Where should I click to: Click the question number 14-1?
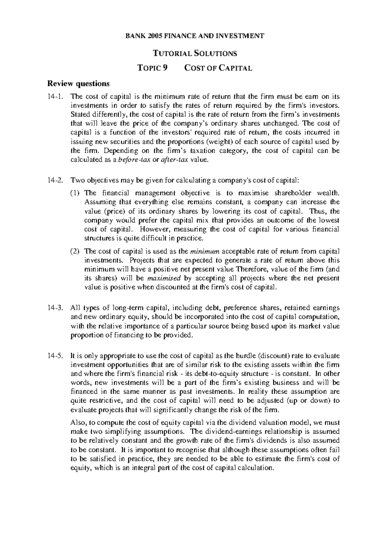pos(54,97)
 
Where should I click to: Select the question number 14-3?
pos(54,308)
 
